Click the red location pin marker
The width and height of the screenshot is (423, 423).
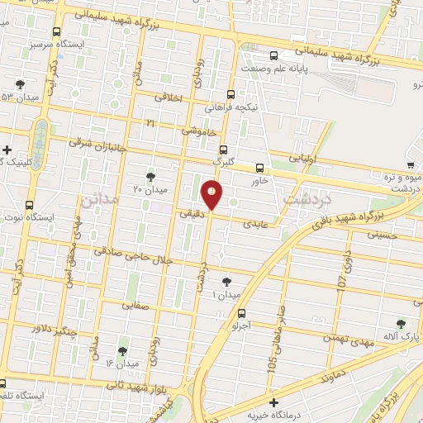tap(212, 195)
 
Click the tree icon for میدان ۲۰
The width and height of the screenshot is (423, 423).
tap(150, 177)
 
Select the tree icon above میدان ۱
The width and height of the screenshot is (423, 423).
tap(226, 282)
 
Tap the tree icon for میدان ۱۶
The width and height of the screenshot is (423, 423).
tap(123, 351)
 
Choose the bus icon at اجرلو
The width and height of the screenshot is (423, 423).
tap(241, 313)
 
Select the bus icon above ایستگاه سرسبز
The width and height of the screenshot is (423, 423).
tap(55, 32)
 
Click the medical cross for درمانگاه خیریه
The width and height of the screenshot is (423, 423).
tap(274, 402)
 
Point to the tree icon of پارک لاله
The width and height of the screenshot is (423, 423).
tap(402, 325)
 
